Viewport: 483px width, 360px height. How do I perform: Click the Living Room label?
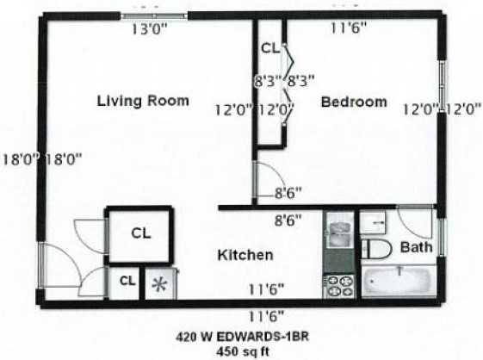tap(143, 101)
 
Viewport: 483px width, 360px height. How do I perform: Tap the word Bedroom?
tap(353, 102)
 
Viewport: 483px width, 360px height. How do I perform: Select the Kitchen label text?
tap(245, 256)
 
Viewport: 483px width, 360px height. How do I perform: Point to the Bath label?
tap(417, 248)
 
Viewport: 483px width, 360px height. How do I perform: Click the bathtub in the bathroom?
tap(398, 282)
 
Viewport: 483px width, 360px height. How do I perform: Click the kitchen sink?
tap(337, 232)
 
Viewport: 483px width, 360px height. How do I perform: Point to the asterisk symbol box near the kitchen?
tap(158, 284)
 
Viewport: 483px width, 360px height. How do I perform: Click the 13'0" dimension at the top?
tap(150, 28)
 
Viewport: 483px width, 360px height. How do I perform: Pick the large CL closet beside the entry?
tap(141, 233)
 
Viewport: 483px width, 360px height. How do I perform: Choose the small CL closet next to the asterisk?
tap(127, 281)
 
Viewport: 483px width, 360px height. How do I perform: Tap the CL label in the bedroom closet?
tap(269, 49)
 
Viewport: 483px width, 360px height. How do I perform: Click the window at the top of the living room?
tap(154, 15)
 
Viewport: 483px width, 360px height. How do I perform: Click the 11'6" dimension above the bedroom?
tap(349, 27)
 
